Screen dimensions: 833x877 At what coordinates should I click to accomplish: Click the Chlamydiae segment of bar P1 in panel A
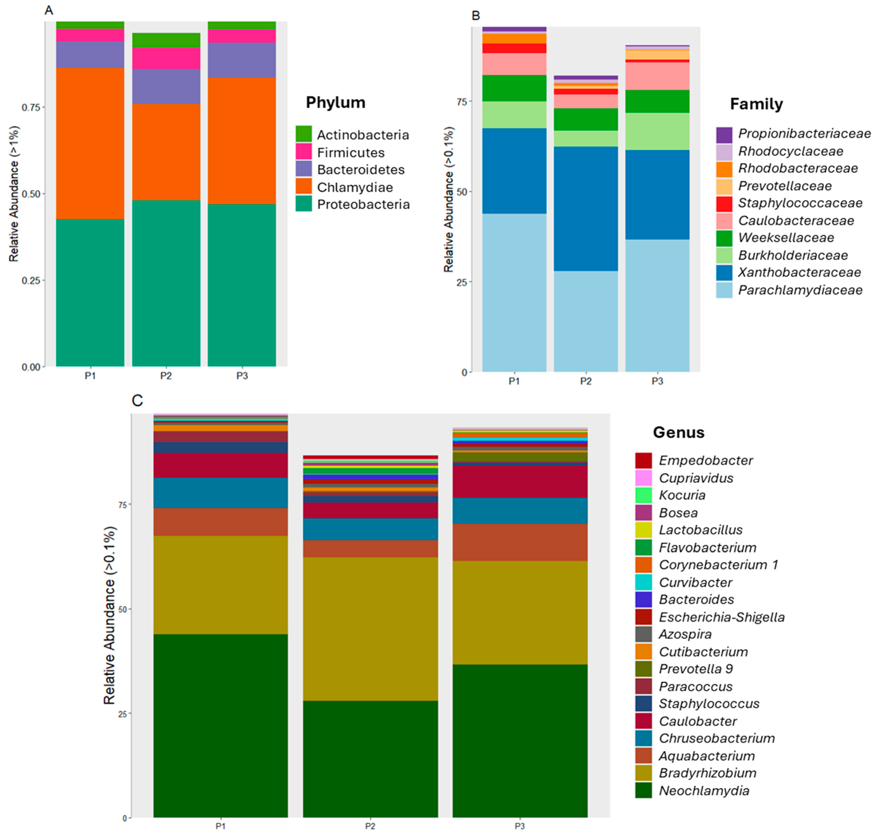pos(90,143)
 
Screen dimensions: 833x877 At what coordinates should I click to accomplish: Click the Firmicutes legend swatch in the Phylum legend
pos(304,152)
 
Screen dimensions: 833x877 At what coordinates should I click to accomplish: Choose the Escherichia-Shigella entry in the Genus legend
pos(721,617)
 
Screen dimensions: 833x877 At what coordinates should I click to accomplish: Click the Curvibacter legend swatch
pos(643,583)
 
